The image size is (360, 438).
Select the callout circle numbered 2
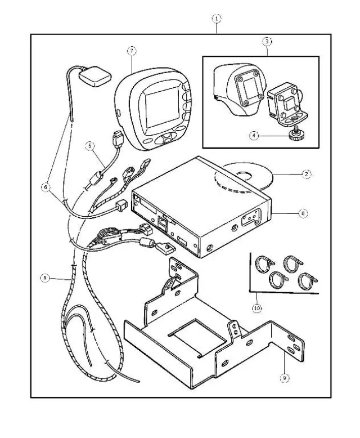[x=305, y=175]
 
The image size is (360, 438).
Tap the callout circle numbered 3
[x=267, y=41]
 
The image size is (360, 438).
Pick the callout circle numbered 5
[x=89, y=145]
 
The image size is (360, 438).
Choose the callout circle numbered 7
[x=131, y=51]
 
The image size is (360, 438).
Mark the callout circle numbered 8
[x=303, y=213]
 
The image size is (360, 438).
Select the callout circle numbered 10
[x=258, y=308]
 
